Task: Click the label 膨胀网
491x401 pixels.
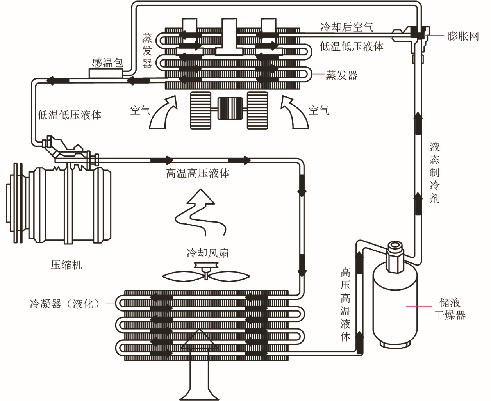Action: pos(463,36)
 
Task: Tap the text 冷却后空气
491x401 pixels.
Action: pos(346,27)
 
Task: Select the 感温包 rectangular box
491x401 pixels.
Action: pos(106,73)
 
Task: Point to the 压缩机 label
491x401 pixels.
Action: pos(66,265)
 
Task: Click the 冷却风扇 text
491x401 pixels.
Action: pos(207,253)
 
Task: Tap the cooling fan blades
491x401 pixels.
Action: pos(206,276)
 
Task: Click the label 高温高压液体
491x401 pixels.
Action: pos(198,173)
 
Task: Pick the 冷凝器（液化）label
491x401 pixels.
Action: pos(65,304)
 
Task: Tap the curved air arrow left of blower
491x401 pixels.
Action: pos(163,112)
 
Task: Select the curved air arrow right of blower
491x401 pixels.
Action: pos(295,112)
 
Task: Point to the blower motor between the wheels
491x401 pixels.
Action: pos(230,109)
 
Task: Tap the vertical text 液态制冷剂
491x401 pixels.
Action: pos(434,173)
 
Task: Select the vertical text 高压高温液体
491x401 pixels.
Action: pos(345,305)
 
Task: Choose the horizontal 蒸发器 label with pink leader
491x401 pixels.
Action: pos(341,75)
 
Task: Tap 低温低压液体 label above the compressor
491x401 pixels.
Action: pos(70,115)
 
